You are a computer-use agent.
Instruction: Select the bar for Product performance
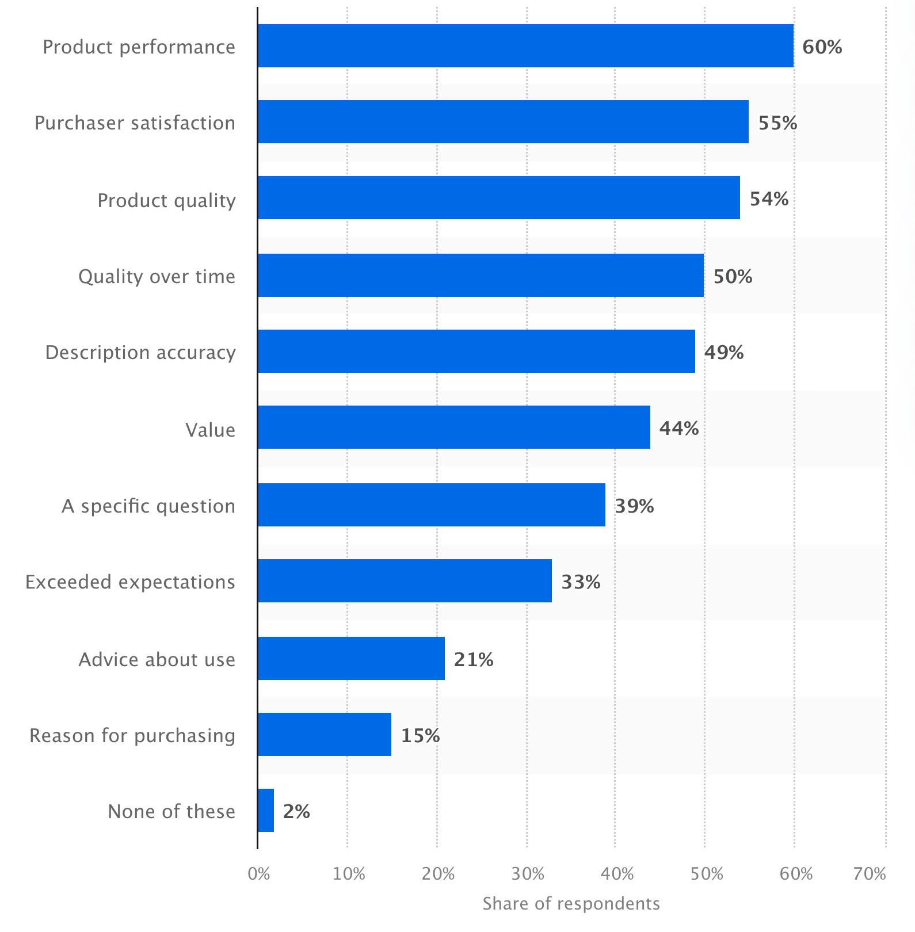pos(525,46)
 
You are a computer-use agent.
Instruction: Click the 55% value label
pos(777,123)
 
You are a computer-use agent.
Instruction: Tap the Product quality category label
pos(166,201)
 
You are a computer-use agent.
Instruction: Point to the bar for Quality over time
pos(481,276)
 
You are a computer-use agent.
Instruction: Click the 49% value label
pos(724,352)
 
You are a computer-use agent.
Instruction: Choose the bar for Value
pos(453,427)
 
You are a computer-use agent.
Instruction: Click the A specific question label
pos(148,506)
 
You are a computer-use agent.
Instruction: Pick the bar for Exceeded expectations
pos(405,581)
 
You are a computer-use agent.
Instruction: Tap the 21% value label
pos(474,659)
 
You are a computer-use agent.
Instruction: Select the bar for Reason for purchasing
pos(325,735)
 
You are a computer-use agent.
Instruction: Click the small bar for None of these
pos(266,811)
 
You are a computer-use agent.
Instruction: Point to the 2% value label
pos(296,812)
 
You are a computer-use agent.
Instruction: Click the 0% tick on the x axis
pos(258,874)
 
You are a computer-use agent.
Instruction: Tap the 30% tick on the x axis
pos(527,874)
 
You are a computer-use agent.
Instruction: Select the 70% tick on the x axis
pos(870,874)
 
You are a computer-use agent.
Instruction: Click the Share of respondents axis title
pos(571,904)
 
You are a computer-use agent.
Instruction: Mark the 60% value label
pos(822,47)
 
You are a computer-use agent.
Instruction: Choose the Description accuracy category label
pos(140,353)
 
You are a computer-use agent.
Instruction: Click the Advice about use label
pos(157,659)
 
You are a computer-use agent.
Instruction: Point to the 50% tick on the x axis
pos(706,874)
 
